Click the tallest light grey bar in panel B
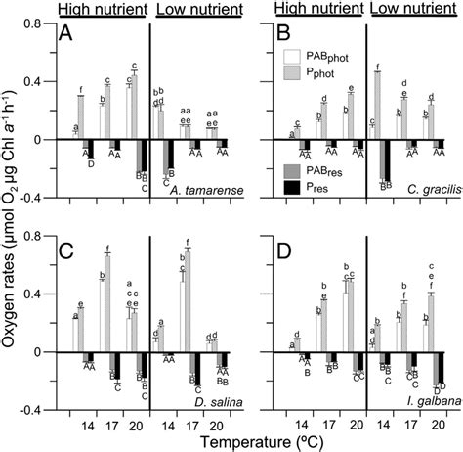(x=377, y=105)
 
